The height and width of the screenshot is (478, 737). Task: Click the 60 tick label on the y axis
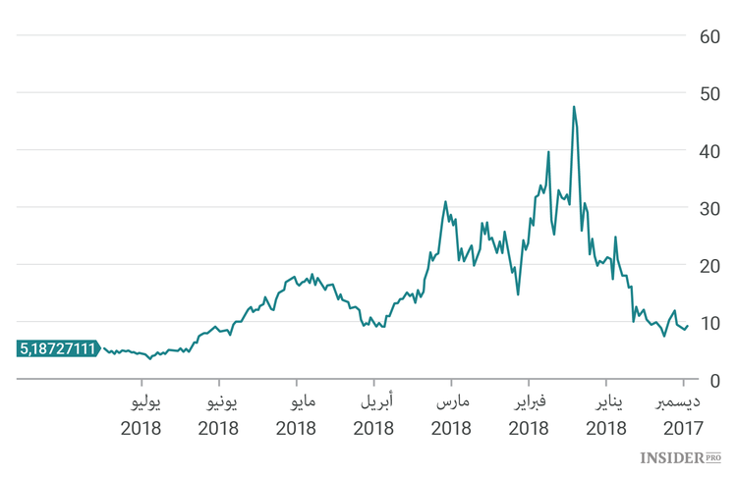710,36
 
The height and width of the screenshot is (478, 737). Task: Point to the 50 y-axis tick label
710,93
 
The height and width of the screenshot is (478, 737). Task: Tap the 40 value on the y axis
710,151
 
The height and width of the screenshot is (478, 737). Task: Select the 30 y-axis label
710,208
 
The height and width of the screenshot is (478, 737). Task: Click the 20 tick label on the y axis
710,265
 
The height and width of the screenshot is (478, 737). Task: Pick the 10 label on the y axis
710,323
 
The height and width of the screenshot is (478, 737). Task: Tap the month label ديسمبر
678,401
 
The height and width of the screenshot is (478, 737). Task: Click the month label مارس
452,401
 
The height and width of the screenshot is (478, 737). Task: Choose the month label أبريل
374,401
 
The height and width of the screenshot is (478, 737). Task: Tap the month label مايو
298,401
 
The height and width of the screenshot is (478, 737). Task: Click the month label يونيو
219,401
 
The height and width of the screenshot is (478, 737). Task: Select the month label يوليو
142,401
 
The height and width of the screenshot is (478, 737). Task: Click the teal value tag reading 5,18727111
57,348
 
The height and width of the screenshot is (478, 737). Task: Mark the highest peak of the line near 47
573,107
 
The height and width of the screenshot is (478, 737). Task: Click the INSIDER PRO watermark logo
680,457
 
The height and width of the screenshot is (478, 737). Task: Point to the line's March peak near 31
445,202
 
